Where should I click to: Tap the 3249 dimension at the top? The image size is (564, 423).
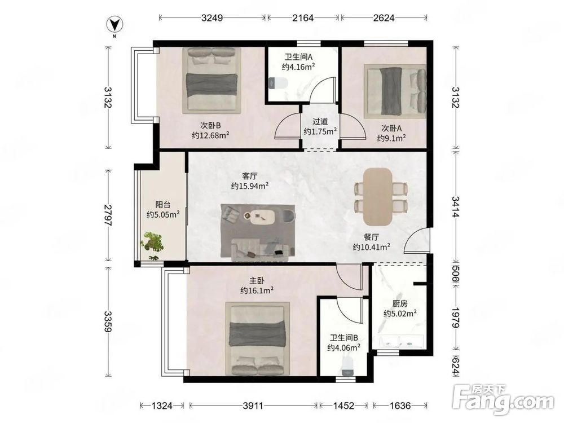(x=212, y=17)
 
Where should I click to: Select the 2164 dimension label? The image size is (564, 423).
(x=303, y=17)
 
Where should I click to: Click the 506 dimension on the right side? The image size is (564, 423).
(x=456, y=275)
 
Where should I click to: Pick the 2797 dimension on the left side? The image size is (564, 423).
(x=108, y=215)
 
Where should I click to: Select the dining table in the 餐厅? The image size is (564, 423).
(x=378, y=196)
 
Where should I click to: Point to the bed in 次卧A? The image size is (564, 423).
(x=395, y=91)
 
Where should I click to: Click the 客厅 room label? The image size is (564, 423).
(x=250, y=176)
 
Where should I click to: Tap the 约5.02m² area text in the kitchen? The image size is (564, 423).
(x=400, y=313)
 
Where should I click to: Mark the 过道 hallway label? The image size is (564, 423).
(x=320, y=122)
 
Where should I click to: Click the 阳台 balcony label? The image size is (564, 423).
(x=162, y=205)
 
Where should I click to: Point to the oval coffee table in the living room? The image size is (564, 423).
(x=263, y=217)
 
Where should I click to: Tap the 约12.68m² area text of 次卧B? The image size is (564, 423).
(x=210, y=135)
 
